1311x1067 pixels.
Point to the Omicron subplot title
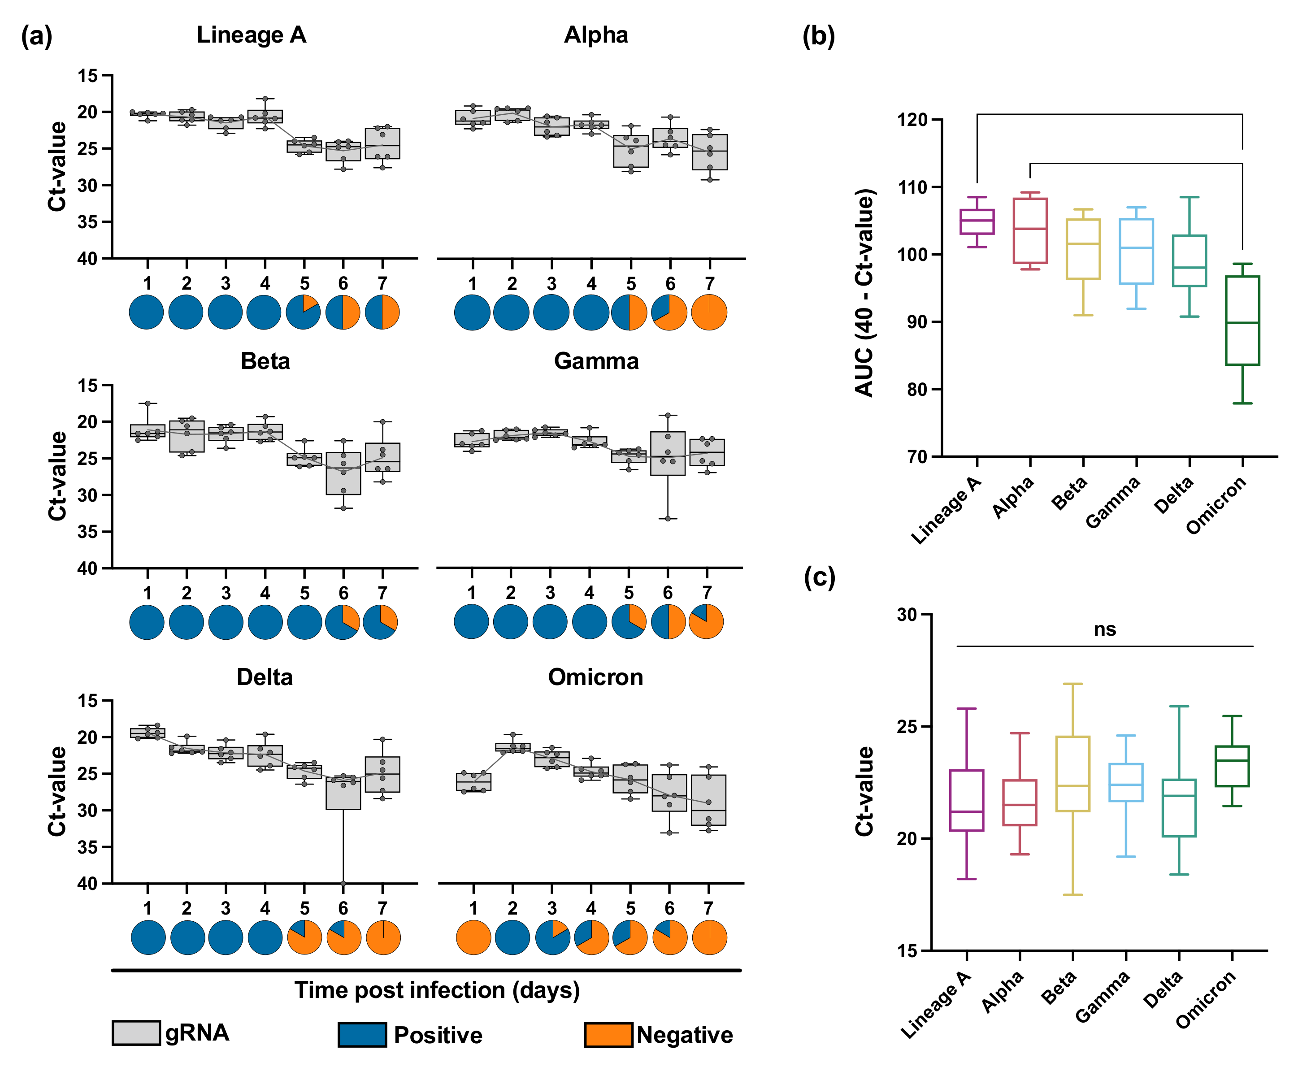595,677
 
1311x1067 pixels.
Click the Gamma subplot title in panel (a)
596,361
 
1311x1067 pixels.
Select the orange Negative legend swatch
608,1034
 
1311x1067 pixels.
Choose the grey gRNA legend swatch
136,1032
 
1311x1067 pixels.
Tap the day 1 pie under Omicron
473,937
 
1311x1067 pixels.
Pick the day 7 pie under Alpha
709,312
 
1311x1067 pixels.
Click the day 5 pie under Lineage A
304,312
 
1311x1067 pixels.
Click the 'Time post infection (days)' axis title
437,991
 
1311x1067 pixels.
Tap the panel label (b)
819,36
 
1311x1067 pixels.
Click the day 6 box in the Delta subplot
343,794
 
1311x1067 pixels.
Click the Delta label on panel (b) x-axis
1173,495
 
